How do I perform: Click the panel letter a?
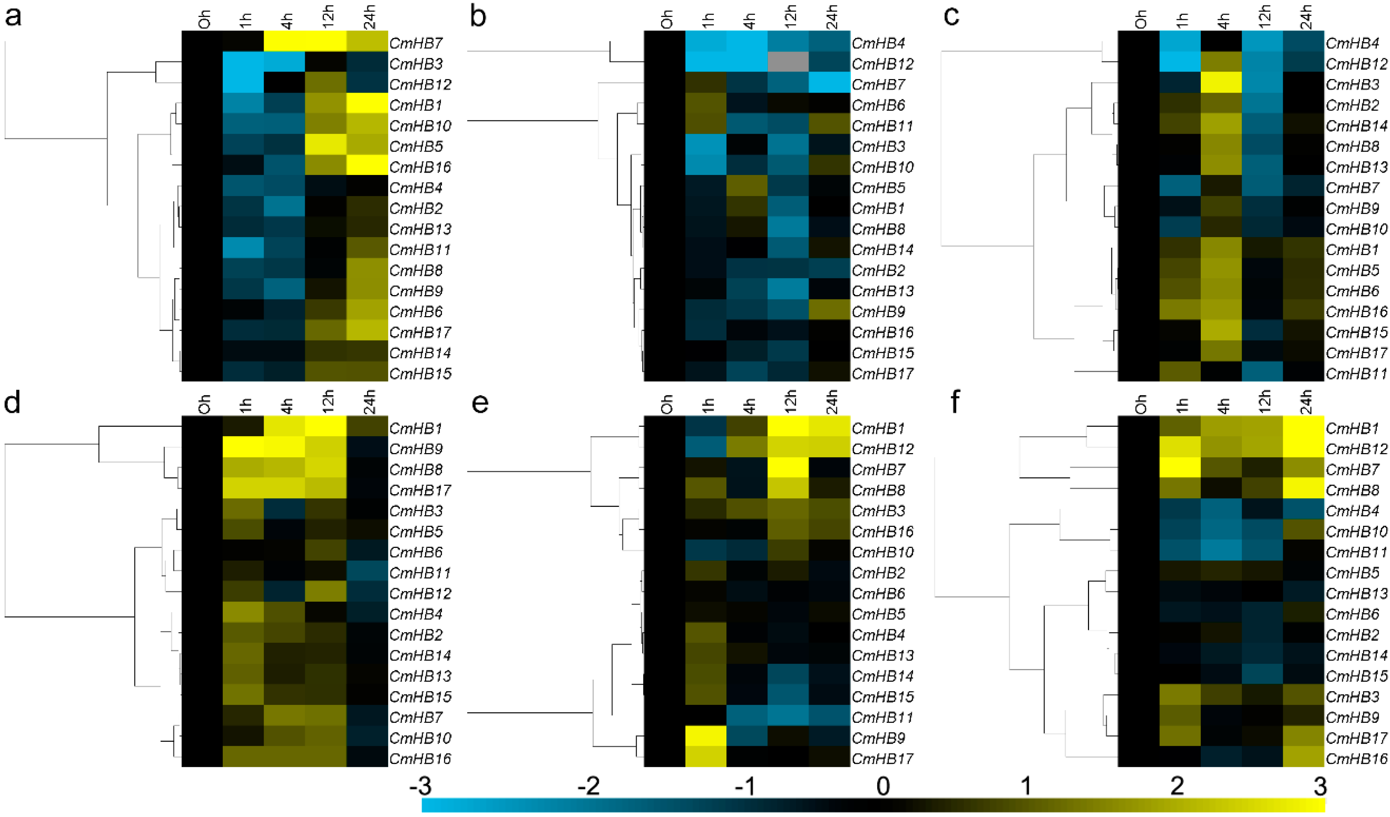(13, 17)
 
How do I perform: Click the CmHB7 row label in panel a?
(416, 43)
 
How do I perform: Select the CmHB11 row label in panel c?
(1356, 373)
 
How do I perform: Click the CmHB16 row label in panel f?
(1356, 759)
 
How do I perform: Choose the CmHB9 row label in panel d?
(416, 449)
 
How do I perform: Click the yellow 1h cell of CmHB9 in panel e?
(706, 738)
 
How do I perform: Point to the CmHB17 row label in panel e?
(883, 759)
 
